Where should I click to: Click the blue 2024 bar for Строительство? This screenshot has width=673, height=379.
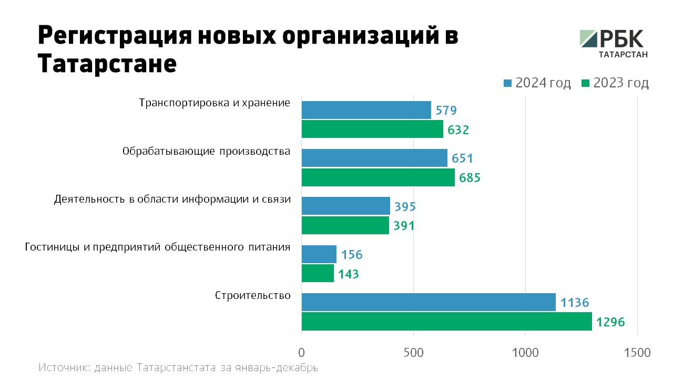pyautogui.click(x=429, y=302)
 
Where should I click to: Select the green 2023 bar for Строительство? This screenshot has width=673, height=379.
pyautogui.click(x=446, y=322)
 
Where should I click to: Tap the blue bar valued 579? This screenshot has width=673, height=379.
pyautogui.click(x=366, y=110)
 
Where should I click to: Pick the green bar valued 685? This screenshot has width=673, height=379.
pyautogui.click(x=378, y=177)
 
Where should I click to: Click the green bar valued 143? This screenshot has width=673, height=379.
pyautogui.click(x=318, y=273)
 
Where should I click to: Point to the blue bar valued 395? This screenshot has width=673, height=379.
pyautogui.click(x=345, y=206)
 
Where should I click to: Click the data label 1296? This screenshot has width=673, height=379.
pyautogui.click(x=610, y=322)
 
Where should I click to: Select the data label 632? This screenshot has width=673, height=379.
pyautogui.click(x=457, y=129)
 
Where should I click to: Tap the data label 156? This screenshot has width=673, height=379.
pyautogui.click(x=352, y=255)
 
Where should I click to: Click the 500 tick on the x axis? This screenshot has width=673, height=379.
pyautogui.click(x=413, y=352)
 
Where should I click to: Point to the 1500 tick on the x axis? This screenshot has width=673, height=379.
pyautogui.click(x=637, y=352)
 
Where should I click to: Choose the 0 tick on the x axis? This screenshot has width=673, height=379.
pyautogui.click(x=302, y=352)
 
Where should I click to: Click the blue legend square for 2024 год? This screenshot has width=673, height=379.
pyautogui.click(x=507, y=83)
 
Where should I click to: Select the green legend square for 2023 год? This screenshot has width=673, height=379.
pyautogui.click(x=585, y=83)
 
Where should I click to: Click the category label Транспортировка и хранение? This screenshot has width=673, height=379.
pyautogui.click(x=215, y=103)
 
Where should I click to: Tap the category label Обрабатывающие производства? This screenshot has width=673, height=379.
pyautogui.click(x=206, y=152)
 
